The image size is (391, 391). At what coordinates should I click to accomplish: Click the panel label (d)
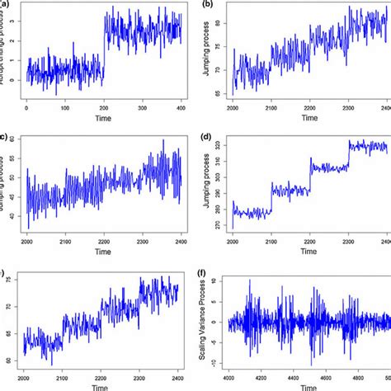coord(206,137)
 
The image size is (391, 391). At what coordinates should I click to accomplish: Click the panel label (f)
coord(206,268)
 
